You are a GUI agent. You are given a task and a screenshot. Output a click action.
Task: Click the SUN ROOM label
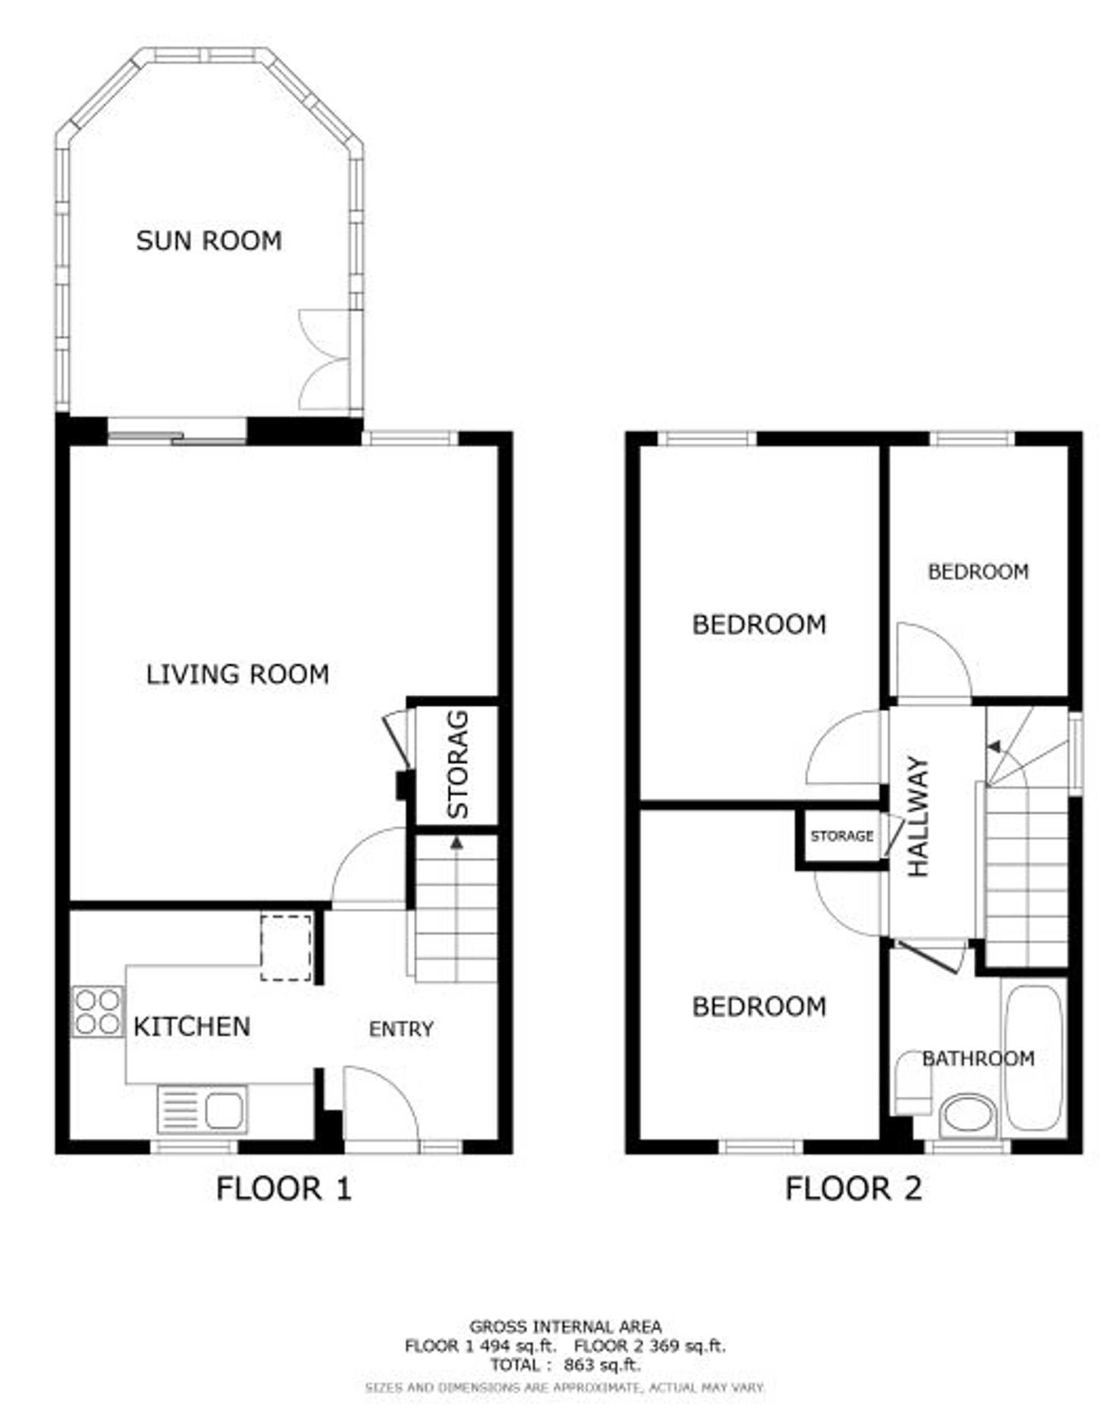209,240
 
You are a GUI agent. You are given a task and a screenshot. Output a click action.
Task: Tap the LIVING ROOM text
238,674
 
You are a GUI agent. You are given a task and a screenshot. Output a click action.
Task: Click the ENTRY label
401,1029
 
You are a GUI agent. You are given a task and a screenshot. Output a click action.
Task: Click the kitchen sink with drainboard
202,1109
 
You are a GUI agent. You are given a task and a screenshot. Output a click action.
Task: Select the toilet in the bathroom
912,1082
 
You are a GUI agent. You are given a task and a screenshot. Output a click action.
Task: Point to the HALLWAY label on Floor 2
918,816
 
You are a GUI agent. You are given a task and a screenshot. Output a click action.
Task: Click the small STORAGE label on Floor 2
841,836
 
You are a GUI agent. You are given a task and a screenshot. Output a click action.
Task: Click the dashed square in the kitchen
286,948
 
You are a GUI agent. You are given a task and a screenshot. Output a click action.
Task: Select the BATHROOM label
978,1058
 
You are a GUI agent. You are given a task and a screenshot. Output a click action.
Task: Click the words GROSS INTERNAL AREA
566,1327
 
